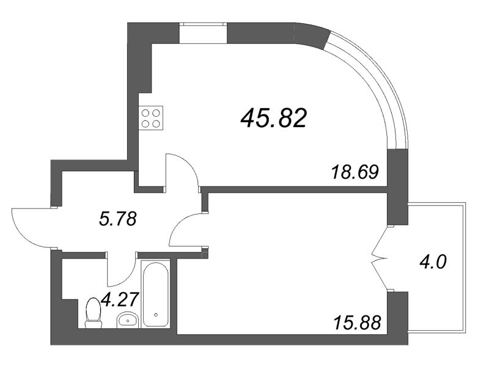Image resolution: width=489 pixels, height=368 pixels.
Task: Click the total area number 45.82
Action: pos(273,118)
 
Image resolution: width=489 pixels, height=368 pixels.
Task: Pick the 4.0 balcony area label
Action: pos(433,263)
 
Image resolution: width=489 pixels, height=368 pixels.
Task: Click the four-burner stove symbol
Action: pos(151,118)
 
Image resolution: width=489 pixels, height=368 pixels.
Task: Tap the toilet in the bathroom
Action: pos(94,312)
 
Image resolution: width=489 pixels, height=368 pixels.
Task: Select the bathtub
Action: pos(156,295)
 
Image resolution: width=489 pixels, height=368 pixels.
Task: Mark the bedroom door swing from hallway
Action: pos(187,232)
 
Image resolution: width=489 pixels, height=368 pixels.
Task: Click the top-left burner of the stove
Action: pos(146,113)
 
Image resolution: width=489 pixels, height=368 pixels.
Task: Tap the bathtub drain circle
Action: pos(156,315)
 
